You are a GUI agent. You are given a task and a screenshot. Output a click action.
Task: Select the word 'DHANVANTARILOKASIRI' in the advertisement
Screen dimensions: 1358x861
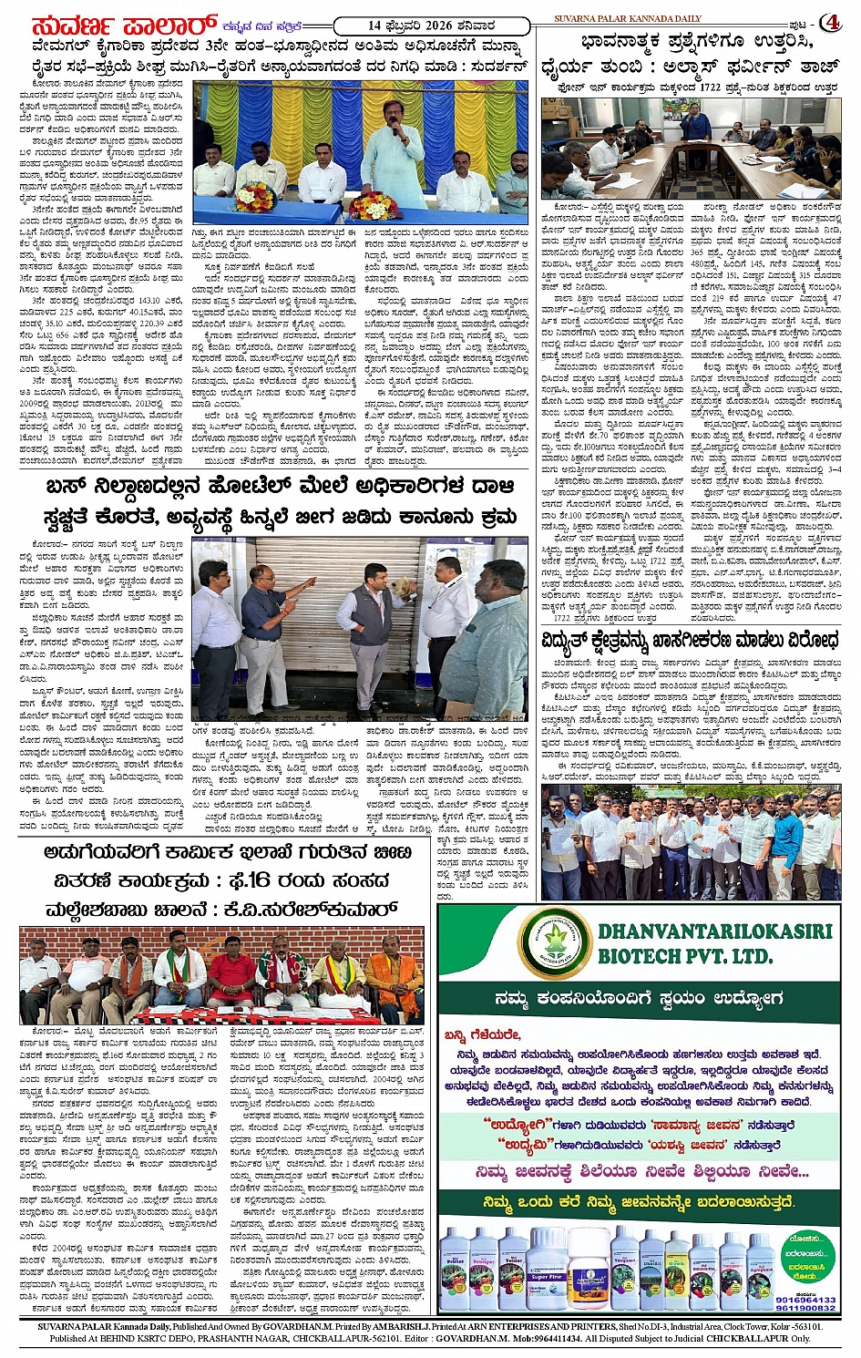[715, 931]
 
